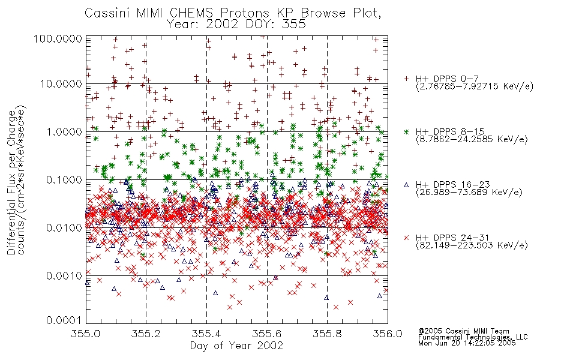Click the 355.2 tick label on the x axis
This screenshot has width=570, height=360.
tap(146, 334)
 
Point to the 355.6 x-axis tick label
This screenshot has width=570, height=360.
tap(267, 334)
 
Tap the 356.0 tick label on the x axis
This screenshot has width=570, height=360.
tap(388, 334)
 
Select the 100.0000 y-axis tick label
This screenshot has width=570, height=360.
tap(58, 38)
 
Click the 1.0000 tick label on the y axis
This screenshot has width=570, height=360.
tap(64, 131)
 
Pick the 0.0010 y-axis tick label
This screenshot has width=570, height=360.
tap(64, 275)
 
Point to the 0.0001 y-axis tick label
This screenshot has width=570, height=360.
tap(64, 320)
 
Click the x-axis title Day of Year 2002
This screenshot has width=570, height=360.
tap(236, 346)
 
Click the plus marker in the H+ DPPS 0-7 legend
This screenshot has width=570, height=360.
tap(406, 79)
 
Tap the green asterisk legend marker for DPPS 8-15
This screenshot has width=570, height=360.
tap(406, 131)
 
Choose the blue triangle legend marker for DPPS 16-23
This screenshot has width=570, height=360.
tap(406, 185)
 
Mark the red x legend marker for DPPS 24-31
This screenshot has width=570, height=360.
tap(406, 238)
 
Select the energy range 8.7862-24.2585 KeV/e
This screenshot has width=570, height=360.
tap(472, 139)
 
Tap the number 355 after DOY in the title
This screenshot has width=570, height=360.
tap(294, 25)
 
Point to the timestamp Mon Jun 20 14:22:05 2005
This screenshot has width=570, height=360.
tap(467, 343)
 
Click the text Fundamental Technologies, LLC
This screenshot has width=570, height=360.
tap(473, 337)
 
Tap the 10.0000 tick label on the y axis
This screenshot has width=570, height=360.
tap(61, 84)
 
